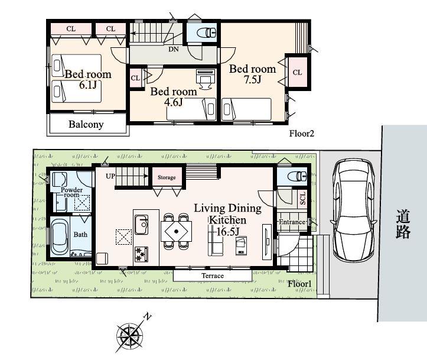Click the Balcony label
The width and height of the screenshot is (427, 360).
(x=86, y=124)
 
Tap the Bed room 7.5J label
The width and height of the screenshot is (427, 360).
(x=252, y=74)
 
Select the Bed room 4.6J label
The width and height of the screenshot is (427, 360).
(x=174, y=96)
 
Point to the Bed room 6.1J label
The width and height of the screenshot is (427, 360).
(x=87, y=79)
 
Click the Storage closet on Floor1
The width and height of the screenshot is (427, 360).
(x=167, y=177)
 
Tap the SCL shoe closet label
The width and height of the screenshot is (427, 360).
(x=303, y=198)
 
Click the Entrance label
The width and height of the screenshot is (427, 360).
(x=292, y=222)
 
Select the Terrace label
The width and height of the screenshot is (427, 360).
(x=213, y=276)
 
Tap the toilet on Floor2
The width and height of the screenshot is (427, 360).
(x=207, y=33)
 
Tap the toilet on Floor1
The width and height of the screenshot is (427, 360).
(x=298, y=176)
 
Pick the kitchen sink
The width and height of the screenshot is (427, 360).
(x=142, y=225)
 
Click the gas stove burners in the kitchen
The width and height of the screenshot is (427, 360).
(x=142, y=254)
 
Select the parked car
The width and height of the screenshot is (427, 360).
(x=354, y=209)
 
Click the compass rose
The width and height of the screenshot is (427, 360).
(x=129, y=335)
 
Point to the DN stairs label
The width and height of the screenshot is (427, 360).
(x=174, y=49)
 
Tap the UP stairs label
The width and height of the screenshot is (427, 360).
(x=110, y=176)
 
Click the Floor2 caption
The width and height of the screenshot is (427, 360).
(x=301, y=134)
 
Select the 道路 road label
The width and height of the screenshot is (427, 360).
(x=403, y=224)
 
